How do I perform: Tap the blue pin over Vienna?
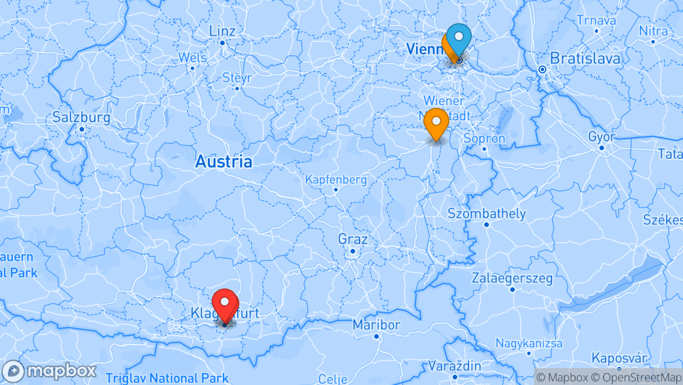click(459, 38)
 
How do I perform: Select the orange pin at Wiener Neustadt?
click(436, 123)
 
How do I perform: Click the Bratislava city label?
click(585, 58)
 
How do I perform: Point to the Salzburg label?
click(81, 118)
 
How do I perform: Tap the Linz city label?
click(222, 31)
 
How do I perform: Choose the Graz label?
click(353, 239)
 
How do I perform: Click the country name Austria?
click(224, 162)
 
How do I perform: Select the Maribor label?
click(376, 325)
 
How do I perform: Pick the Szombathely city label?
click(486, 214)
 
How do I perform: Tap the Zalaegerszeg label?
click(512, 278)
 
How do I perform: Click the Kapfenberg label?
click(336, 180)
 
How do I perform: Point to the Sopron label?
click(484, 139)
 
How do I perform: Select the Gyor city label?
click(602, 137)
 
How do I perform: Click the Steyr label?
click(237, 78)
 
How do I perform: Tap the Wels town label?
click(192, 58)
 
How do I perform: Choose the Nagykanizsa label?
click(529, 343)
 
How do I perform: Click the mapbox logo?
click(49, 371)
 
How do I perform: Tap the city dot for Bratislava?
click(542, 69)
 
